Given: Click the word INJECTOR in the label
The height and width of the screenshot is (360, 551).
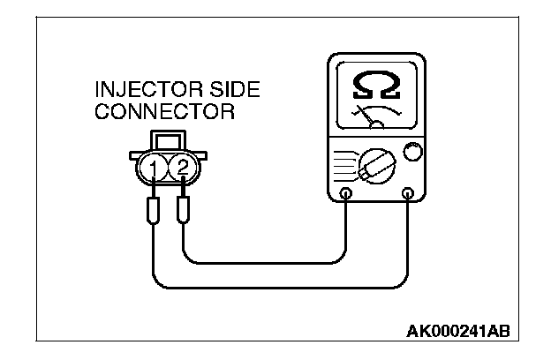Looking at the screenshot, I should (x=134, y=91).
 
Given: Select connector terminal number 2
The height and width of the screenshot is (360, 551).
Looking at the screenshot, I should (x=182, y=165).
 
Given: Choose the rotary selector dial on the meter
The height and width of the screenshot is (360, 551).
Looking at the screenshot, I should (x=373, y=165).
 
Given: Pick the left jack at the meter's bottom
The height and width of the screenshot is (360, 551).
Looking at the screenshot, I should (x=346, y=194).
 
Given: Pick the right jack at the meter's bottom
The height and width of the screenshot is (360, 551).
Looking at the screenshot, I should (x=408, y=194).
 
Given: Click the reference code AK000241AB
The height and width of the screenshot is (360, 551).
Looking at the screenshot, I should (x=457, y=332).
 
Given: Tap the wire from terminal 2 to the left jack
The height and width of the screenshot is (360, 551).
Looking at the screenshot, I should (x=265, y=262).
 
